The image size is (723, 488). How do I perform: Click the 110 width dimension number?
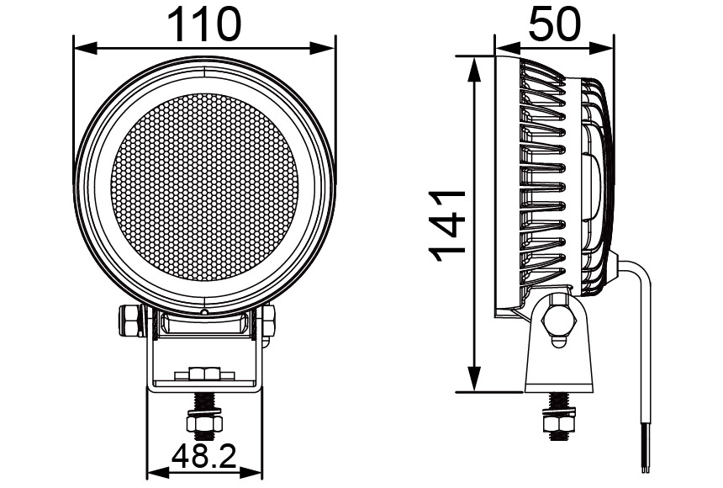pyautogui.click(x=204, y=24)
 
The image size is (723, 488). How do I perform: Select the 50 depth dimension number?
pyautogui.click(x=554, y=24)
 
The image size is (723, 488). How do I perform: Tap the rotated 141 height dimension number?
pyautogui.click(x=447, y=225)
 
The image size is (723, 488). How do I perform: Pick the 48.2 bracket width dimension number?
pyautogui.click(x=204, y=456)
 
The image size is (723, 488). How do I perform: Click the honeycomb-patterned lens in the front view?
pyautogui.click(x=204, y=186)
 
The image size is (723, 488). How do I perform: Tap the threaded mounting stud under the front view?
pyautogui.click(x=204, y=416)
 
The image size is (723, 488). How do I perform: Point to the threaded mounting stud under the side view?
pyautogui.click(x=557, y=416)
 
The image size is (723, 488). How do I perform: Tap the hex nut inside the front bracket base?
pyautogui.click(x=204, y=373)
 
